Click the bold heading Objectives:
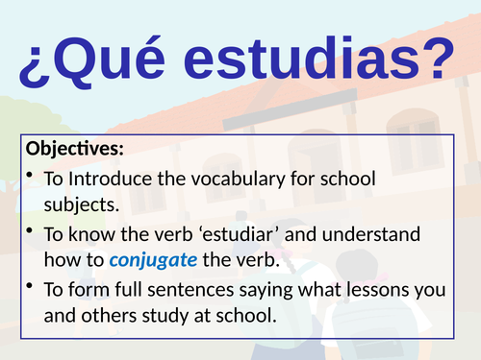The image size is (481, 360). (76, 149)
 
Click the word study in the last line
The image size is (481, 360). (165, 315)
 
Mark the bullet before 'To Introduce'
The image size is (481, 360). (33, 177)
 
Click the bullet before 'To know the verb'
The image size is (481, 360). (33, 231)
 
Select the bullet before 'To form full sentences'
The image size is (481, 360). (33, 287)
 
